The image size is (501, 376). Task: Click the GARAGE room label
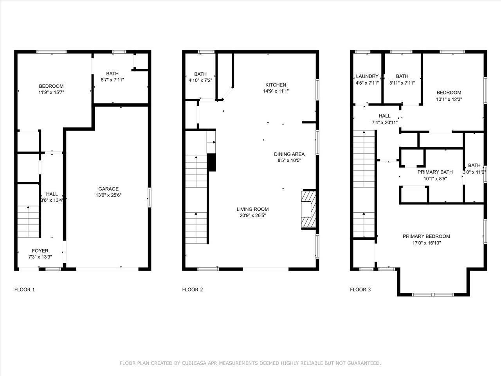pyautogui.click(x=108, y=189)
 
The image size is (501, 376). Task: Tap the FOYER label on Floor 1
pyautogui.click(x=40, y=251)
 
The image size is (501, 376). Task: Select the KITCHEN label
pyautogui.click(x=276, y=85)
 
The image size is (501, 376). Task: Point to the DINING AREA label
pyautogui.click(x=289, y=154)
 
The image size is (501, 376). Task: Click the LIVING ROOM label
pyautogui.click(x=253, y=209)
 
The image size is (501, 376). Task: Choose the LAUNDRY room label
pyautogui.click(x=367, y=76)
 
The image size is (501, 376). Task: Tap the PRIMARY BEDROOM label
pyautogui.click(x=426, y=236)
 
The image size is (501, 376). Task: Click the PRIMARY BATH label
pyautogui.click(x=435, y=172)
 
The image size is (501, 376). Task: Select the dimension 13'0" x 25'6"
pyautogui.click(x=108, y=195)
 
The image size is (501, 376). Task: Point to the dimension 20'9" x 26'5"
pyautogui.click(x=253, y=215)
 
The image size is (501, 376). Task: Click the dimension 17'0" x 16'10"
pyautogui.click(x=426, y=243)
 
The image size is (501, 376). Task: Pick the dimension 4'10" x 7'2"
pyautogui.click(x=200, y=80)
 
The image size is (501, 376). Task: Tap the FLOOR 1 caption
pyautogui.click(x=25, y=290)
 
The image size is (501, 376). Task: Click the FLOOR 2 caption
pyautogui.click(x=193, y=290)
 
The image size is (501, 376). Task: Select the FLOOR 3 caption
pyautogui.click(x=360, y=290)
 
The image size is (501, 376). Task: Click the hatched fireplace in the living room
pyautogui.click(x=308, y=209)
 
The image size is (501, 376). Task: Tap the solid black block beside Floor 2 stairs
pyautogui.click(x=211, y=162)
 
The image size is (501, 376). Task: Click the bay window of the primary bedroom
pyautogui.click(x=433, y=295)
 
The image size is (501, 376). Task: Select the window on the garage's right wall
pyautogui.click(x=150, y=197)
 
